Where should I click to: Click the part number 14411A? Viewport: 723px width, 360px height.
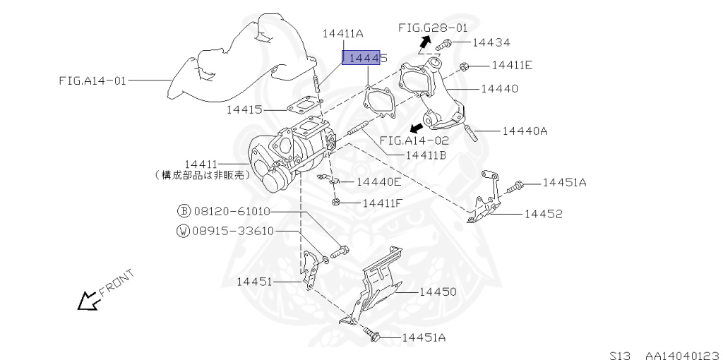pos(343,33)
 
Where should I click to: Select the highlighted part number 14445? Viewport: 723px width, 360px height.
pos(365,57)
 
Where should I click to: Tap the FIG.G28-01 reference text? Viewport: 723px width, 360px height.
pos(433,28)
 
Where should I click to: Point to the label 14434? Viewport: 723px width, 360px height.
pos(491,43)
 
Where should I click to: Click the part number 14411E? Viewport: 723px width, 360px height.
pos(512,66)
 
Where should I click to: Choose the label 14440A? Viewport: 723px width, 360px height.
pos(525,131)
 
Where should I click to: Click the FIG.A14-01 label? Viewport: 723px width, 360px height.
pos(92,80)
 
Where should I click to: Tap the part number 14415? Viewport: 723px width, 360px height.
pos(245,109)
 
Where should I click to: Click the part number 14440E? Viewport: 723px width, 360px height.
pos(379,181)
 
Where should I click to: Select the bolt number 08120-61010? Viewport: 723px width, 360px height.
pos(231,211)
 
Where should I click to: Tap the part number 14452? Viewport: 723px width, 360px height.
pos(543,213)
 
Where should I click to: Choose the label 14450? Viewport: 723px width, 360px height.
pos(438,291)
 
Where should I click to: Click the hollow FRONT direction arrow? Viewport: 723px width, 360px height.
pos(88,301)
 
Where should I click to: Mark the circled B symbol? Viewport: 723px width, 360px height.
pos(184,211)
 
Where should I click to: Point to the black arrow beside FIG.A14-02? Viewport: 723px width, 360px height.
pos(417,127)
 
